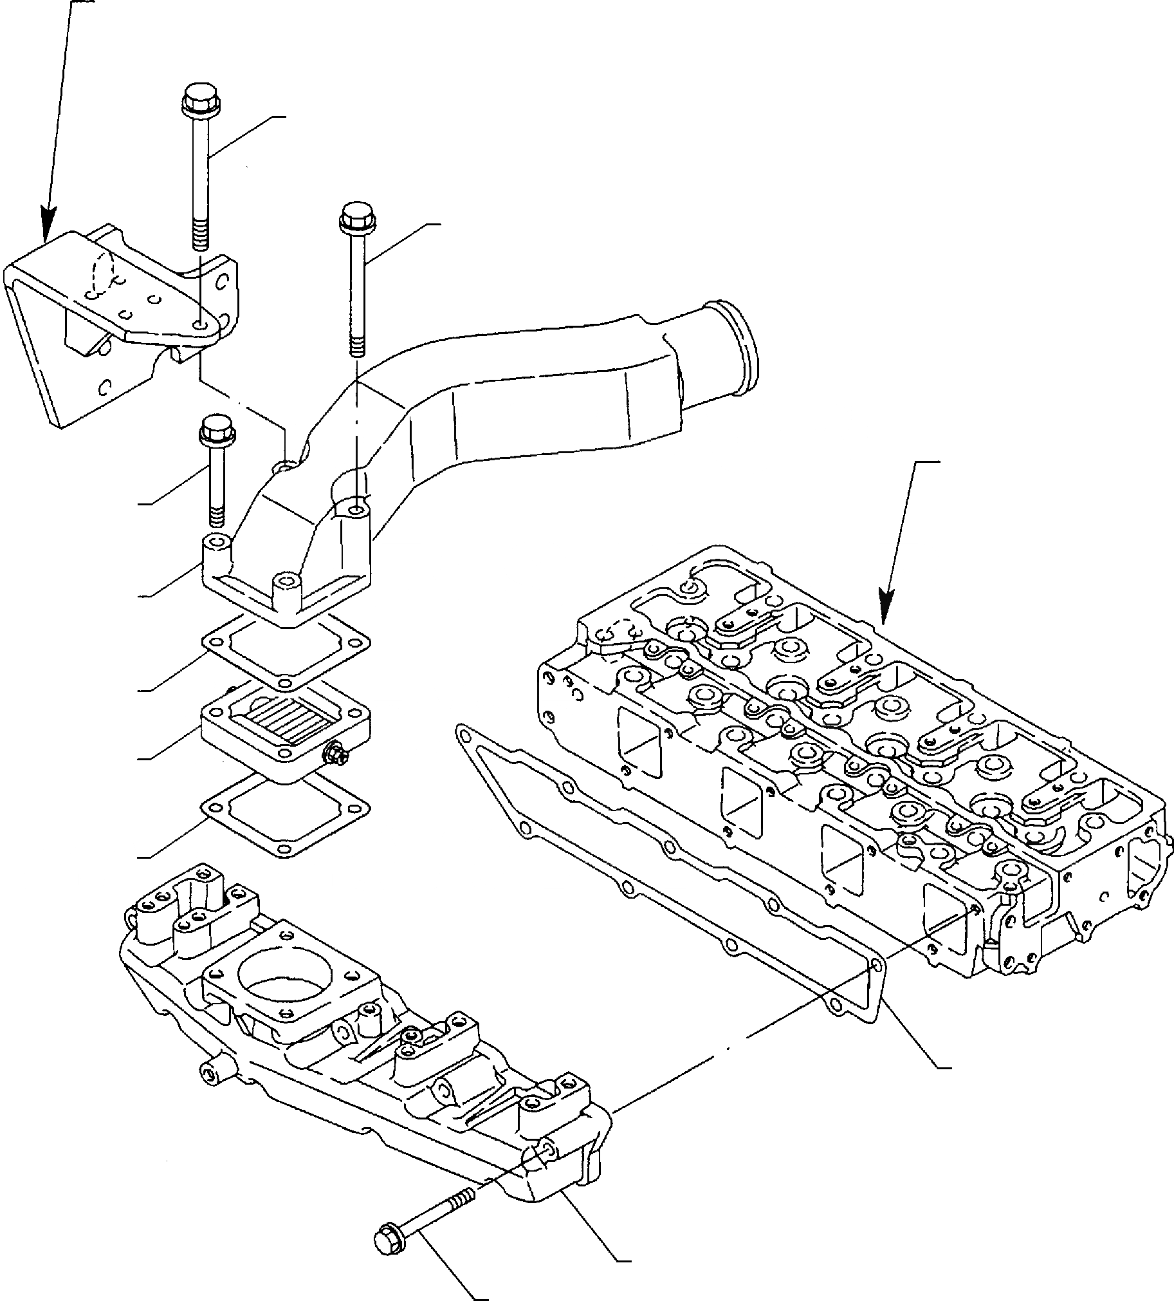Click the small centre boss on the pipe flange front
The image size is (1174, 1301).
coord(286,584)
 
